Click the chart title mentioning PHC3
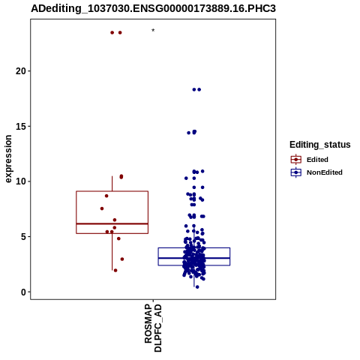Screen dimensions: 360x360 [153, 8]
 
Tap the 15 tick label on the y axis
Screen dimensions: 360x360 [21, 126]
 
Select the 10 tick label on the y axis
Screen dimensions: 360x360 [21, 181]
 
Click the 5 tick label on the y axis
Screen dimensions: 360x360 [23, 237]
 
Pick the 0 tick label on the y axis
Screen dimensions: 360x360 [23, 292]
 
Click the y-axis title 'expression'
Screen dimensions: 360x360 [8, 159]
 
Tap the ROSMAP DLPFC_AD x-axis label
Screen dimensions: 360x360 [153, 328]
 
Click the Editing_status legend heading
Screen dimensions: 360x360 [320, 145]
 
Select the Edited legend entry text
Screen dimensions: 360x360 [317, 160]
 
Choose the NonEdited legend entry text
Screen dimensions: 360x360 [325, 172]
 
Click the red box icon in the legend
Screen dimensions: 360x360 [296, 160]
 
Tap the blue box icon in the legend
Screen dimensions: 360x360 [296, 172]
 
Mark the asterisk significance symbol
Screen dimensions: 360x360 [153, 31]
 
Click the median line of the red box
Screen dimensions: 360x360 [112, 223]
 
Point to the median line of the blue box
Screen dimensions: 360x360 [194, 258]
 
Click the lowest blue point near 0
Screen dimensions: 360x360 [197, 287]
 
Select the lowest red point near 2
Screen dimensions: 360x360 [115, 270]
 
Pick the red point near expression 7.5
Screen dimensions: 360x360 [102, 208]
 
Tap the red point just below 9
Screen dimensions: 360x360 [106, 196]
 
